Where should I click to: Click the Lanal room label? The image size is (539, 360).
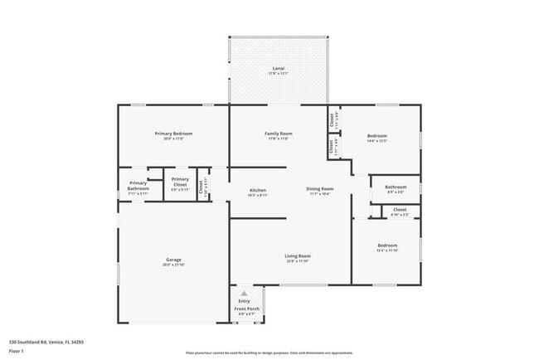pos(278,68)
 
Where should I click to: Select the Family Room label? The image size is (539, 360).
pos(278,134)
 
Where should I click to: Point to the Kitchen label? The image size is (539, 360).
pos(258,190)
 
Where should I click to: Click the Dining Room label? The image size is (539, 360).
pos(319,189)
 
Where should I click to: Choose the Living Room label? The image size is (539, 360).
pos(298,255)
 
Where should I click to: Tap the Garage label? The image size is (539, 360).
pos(173,259)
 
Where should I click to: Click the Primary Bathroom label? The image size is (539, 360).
pos(138,186)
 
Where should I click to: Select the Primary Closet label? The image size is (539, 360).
pos(180,182)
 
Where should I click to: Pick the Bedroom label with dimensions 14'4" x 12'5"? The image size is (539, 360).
pos(377,136)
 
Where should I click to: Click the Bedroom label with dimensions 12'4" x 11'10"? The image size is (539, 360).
pos(387,245)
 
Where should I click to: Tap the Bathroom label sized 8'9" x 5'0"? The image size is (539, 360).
pos(395,187)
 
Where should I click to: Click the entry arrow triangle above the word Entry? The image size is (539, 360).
pos(244,293)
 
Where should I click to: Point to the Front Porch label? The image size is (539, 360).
pos(246,309)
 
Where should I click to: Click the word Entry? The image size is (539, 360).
pos(244,301)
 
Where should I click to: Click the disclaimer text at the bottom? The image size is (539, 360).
pos(269,352)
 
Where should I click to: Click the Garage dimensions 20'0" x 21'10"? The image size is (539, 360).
pos(173,265)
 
